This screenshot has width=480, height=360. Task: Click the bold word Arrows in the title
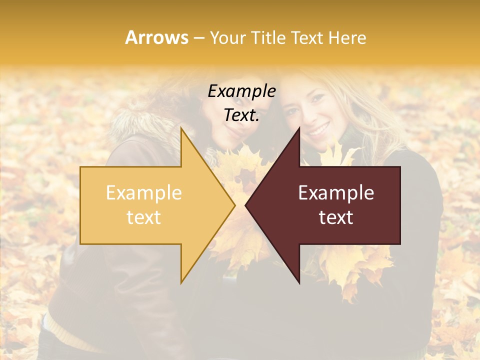[157, 37]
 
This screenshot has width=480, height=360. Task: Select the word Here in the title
[348, 38]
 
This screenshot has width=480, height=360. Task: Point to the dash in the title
[198, 38]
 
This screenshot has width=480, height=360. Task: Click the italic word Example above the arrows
[241, 91]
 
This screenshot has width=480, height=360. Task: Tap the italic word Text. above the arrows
[241, 115]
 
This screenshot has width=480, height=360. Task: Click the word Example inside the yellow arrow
[143, 192]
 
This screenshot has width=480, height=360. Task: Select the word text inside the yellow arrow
[143, 217]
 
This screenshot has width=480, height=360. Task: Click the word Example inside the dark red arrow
[336, 192]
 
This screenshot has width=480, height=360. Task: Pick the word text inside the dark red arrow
[336, 217]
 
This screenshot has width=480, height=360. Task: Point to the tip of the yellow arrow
[234, 205]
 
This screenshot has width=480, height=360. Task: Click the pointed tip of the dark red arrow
[245, 205]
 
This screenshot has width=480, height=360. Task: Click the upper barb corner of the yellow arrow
[181, 128]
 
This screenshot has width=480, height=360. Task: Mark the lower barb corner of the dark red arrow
[299, 283]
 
